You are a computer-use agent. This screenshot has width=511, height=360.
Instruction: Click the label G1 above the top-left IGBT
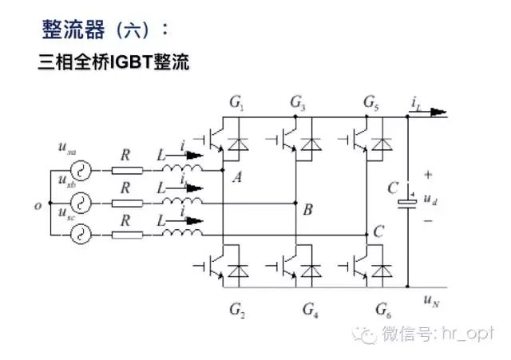236,103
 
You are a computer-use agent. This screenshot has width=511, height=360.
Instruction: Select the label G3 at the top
297,103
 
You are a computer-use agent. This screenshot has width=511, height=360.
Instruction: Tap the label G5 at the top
370,103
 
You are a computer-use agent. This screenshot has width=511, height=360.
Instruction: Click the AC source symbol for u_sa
80,169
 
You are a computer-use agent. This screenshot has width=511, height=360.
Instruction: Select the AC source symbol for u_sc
80,235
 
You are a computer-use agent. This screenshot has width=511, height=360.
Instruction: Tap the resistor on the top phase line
128,169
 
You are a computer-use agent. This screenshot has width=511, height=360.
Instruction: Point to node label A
237,178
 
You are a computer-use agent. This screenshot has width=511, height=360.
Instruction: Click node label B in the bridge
308,211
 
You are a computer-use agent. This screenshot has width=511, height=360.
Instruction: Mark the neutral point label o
38,205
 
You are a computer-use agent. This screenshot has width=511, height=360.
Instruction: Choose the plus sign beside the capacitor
428,174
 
